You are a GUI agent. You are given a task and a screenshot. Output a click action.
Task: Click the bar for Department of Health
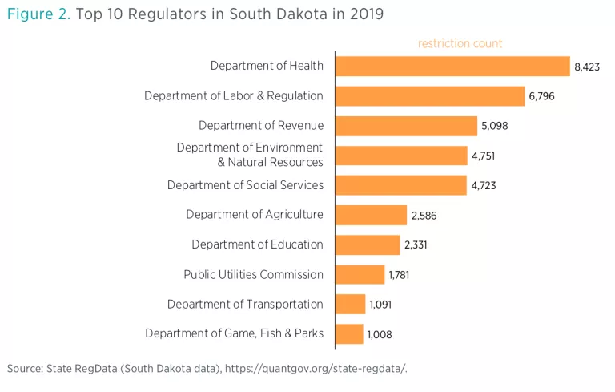[x=452, y=66]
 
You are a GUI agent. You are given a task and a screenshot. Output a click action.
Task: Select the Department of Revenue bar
[x=406, y=126]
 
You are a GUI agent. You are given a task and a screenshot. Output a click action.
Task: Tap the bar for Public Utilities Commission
[x=360, y=274]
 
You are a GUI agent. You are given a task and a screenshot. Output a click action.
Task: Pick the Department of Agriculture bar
[x=371, y=215]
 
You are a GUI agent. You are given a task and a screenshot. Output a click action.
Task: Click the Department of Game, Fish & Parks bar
[x=349, y=334]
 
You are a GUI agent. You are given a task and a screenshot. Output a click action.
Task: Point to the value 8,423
[x=587, y=67]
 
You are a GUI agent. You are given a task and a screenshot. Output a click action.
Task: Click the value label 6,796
[x=541, y=97]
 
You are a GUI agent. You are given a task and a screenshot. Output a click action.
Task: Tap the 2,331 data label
[x=416, y=245]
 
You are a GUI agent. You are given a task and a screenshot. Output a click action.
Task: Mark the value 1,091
[x=380, y=305]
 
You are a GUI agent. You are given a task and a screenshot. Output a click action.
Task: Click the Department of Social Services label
[x=245, y=185]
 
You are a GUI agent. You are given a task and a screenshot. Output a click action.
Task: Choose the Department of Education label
[x=257, y=244]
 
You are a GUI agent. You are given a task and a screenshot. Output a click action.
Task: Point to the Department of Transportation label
[x=245, y=304]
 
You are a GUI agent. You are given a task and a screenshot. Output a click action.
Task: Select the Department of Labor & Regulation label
[x=234, y=95]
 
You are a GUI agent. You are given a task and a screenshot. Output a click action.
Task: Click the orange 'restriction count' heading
[x=460, y=43]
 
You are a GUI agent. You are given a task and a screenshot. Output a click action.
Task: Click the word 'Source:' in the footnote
[x=26, y=368]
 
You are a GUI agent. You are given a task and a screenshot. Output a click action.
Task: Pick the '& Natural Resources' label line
[x=270, y=162]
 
